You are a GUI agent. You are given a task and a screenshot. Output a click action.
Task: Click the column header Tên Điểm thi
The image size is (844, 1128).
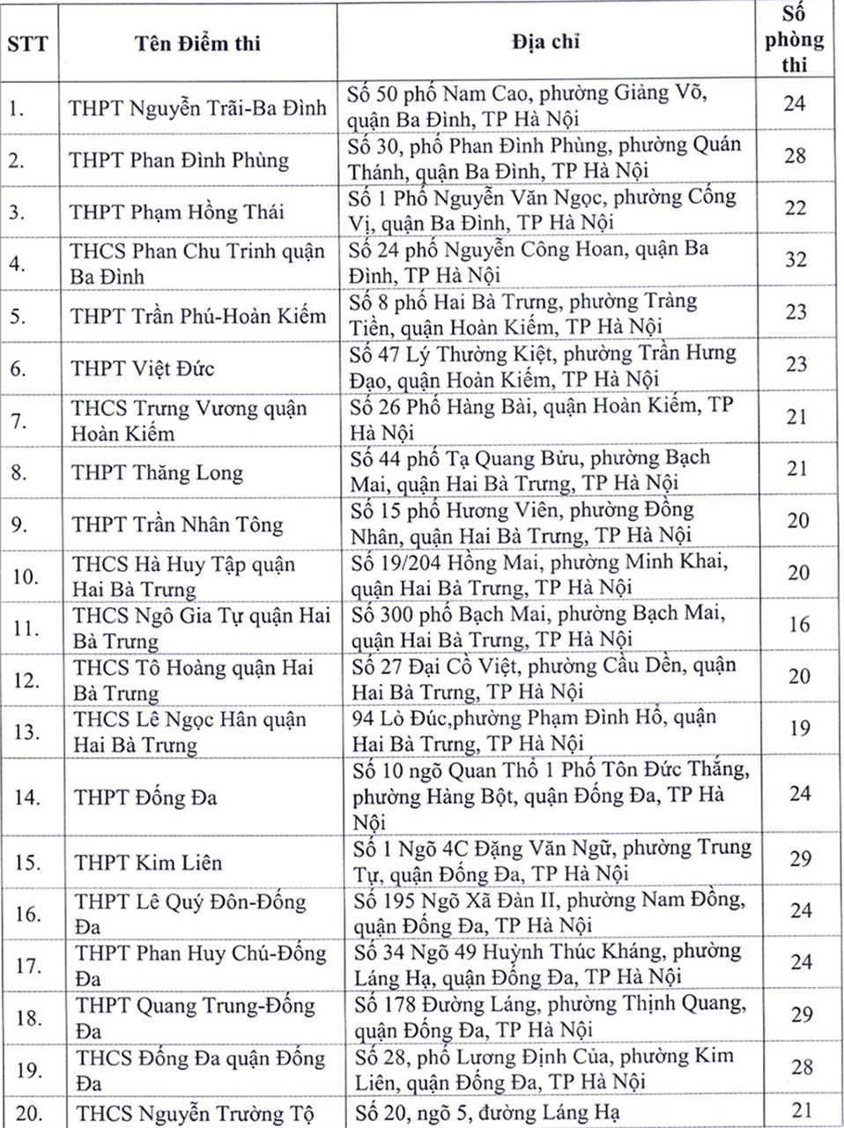197,43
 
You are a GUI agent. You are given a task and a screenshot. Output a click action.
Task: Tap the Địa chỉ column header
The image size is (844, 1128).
545,41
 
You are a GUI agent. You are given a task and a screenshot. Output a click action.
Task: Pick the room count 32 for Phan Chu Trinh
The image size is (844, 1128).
796,261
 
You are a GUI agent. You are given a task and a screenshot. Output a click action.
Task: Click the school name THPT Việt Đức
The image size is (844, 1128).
143,367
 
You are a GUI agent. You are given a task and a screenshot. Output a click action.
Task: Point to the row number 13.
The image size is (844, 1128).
27,732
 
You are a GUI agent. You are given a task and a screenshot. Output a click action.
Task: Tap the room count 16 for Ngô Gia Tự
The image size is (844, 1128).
798,625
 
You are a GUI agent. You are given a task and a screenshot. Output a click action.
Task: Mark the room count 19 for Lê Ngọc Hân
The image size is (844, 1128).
798,729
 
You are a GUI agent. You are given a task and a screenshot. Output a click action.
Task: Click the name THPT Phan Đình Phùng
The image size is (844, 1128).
179,160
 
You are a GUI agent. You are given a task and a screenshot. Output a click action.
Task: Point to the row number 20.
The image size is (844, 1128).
29,1113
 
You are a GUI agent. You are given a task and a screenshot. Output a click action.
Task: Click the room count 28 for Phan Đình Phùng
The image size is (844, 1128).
795,156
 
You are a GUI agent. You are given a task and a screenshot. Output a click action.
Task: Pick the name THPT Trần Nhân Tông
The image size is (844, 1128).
177,524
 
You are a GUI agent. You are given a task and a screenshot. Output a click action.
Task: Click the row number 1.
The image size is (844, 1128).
17,108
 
